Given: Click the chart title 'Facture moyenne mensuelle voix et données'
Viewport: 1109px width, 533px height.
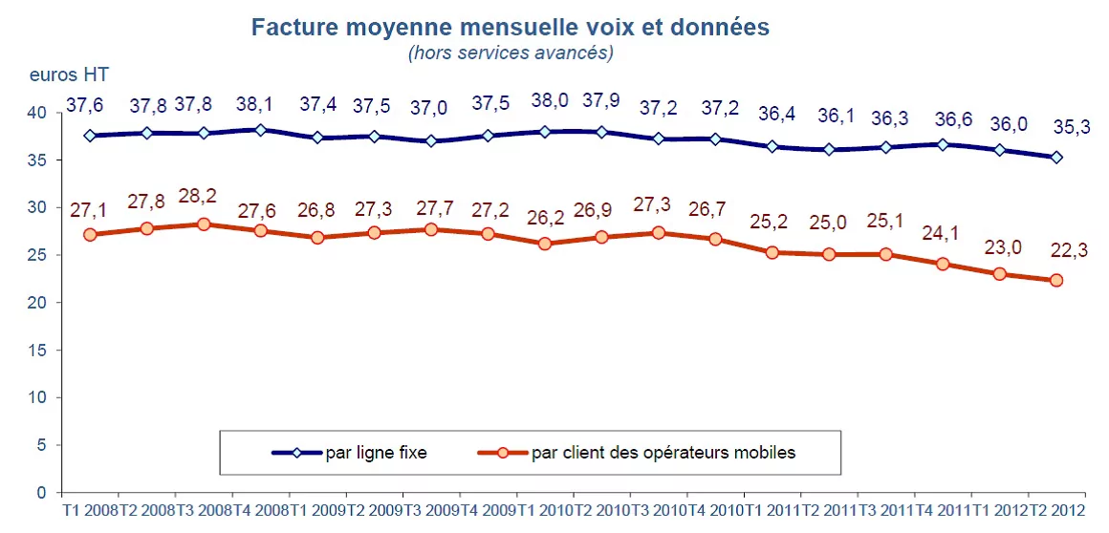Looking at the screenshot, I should coord(510,28).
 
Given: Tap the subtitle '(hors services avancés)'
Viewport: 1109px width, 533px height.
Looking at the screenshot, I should coord(510,53).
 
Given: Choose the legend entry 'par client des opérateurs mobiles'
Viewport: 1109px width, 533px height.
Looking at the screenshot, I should coord(663,453).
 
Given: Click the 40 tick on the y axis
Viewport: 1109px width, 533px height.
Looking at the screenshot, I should coord(37,113).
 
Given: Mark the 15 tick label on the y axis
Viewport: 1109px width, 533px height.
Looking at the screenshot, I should coord(37,350).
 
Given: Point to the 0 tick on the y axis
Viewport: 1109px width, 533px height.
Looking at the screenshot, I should coord(41,492).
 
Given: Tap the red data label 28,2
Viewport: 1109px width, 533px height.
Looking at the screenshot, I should coord(198,197).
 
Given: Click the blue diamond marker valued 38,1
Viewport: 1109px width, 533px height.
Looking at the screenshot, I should coord(260,130).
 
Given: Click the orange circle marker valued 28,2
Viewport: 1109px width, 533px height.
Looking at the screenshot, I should coord(204,224).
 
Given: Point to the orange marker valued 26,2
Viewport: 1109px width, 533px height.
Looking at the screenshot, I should coord(545,244).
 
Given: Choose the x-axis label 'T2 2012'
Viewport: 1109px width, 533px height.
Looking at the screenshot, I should coord(1058,514).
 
